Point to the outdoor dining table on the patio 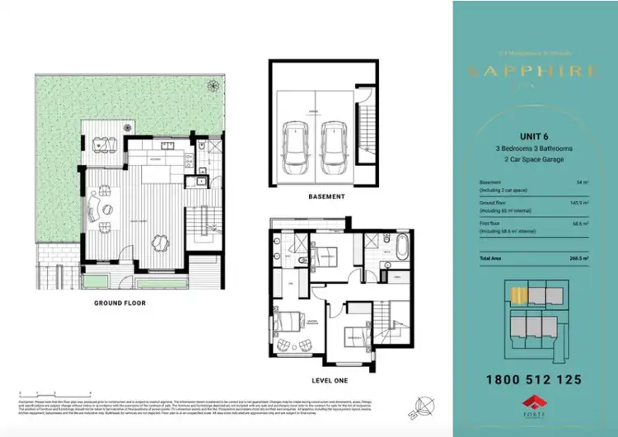(103, 141)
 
